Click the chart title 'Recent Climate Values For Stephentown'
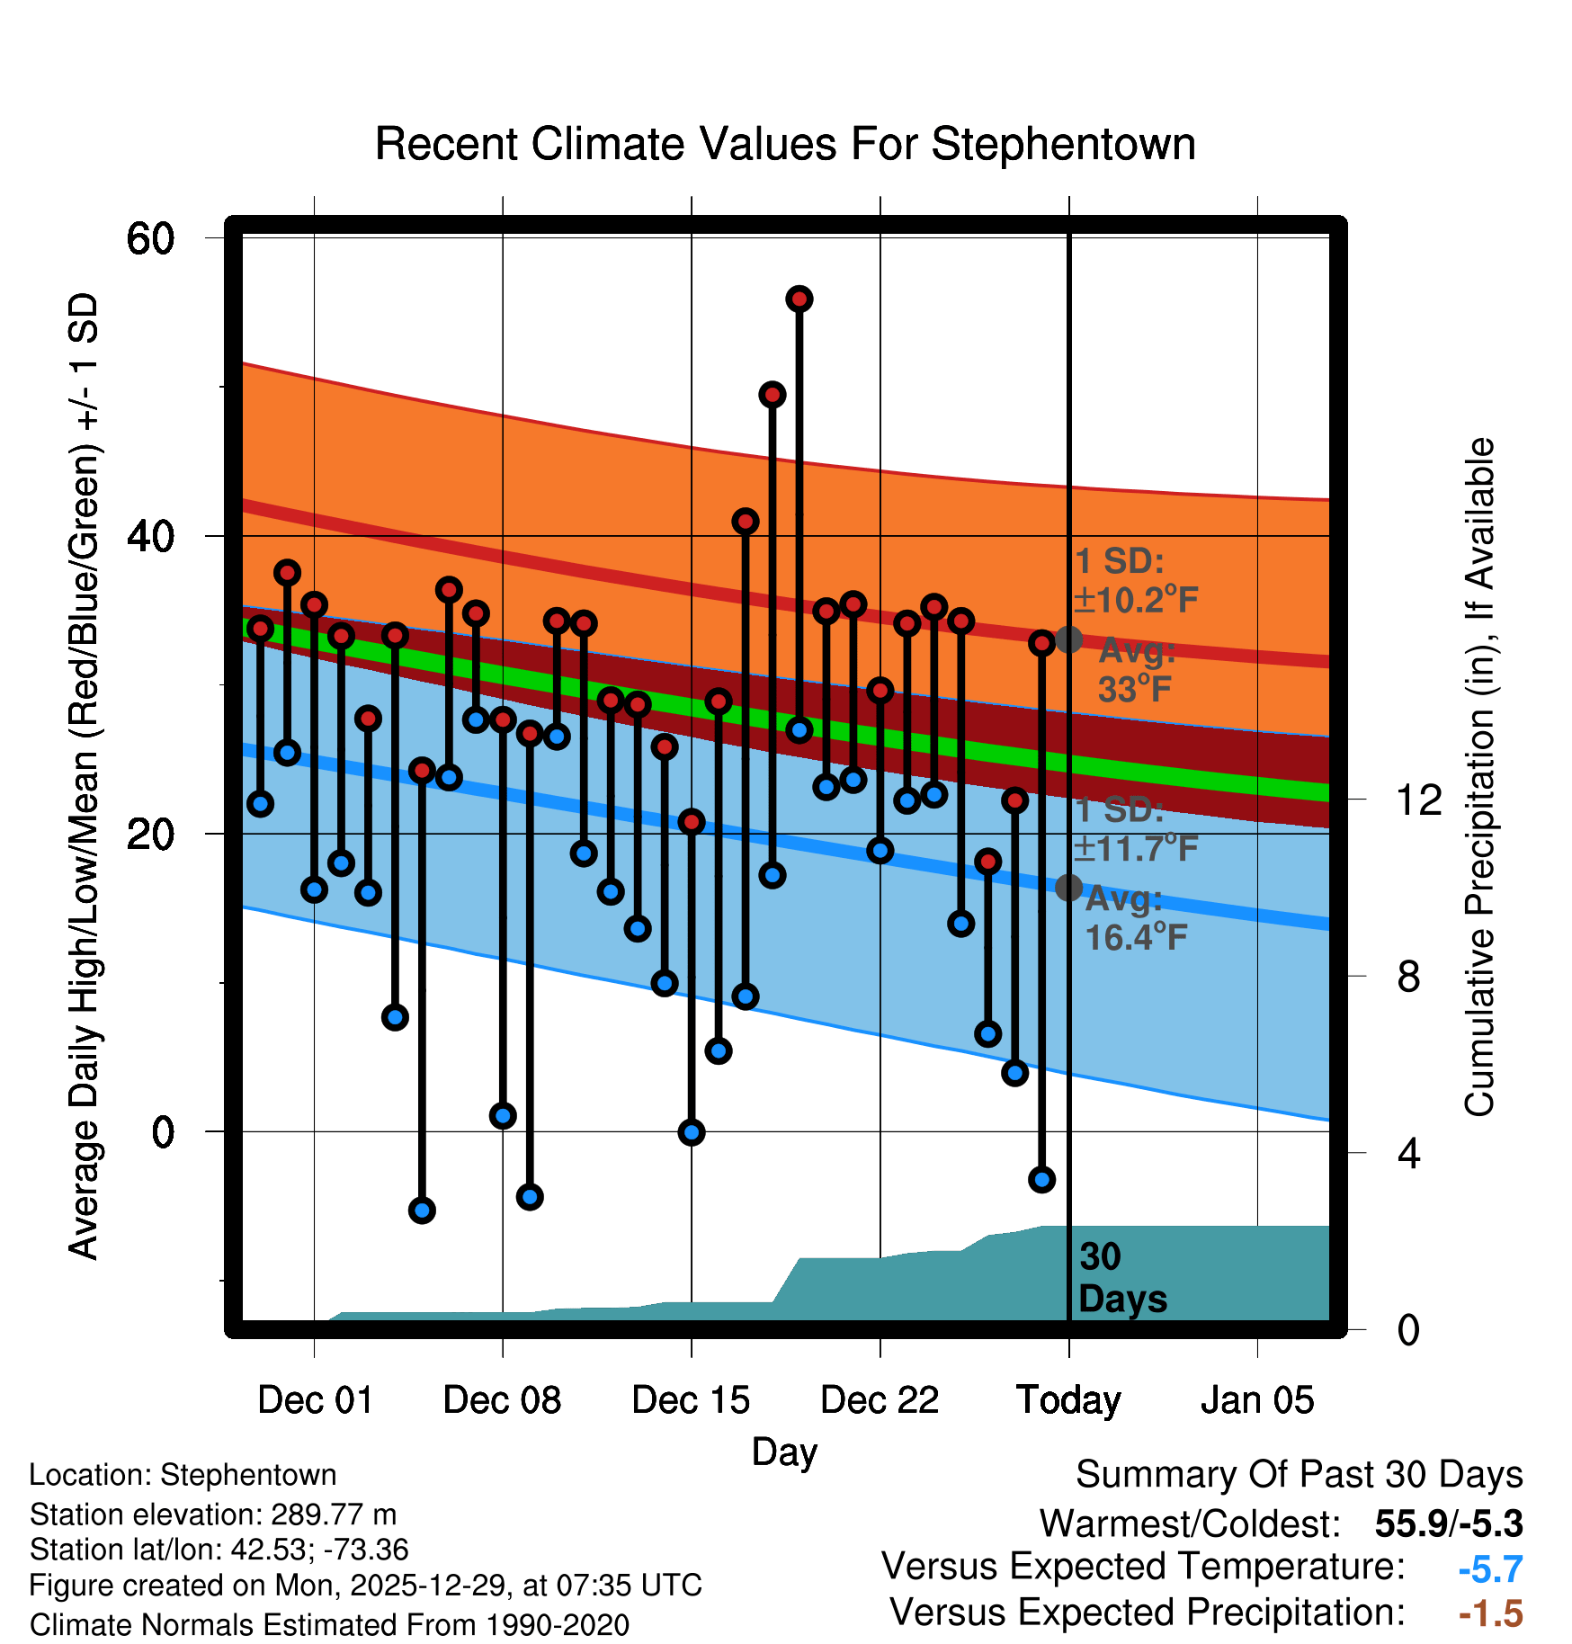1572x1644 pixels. click(785, 144)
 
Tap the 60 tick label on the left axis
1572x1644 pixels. click(150, 239)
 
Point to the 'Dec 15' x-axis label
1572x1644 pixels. click(691, 1400)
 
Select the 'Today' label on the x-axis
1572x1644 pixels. click(1068, 1400)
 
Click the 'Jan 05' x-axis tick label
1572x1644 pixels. click(1257, 1400)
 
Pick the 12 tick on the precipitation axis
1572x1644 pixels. click(1419, 800)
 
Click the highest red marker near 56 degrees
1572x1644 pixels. click(799, 299)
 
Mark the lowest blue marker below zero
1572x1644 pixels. click(422, 1211)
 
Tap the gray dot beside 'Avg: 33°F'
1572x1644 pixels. click(1068, 640)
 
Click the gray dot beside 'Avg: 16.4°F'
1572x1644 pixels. click(1068, 888)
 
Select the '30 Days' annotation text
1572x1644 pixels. click(1122, 1278)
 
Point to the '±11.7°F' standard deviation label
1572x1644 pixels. click(1136, 848)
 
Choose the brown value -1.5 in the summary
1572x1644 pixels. click(1490, 1613)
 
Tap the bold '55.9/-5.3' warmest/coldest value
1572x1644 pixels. click(1448, 1523)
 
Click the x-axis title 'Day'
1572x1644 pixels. click(785, 1452)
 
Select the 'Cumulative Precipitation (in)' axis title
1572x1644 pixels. click(1479, 777)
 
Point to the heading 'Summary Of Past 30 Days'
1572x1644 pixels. click(1299, 1475)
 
